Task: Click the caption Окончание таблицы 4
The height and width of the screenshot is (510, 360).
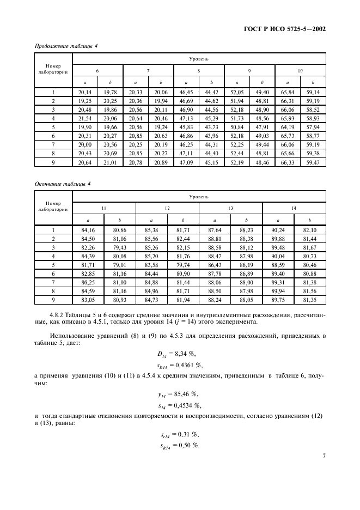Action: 62,184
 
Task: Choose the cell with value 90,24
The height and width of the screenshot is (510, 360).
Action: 278,230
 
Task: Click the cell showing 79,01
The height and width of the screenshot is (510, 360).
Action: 119,265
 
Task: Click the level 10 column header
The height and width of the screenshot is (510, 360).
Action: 300,71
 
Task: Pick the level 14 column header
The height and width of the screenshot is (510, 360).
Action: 294,208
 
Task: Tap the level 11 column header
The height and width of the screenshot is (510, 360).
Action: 103,208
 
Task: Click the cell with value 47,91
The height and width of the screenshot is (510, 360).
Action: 263,126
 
